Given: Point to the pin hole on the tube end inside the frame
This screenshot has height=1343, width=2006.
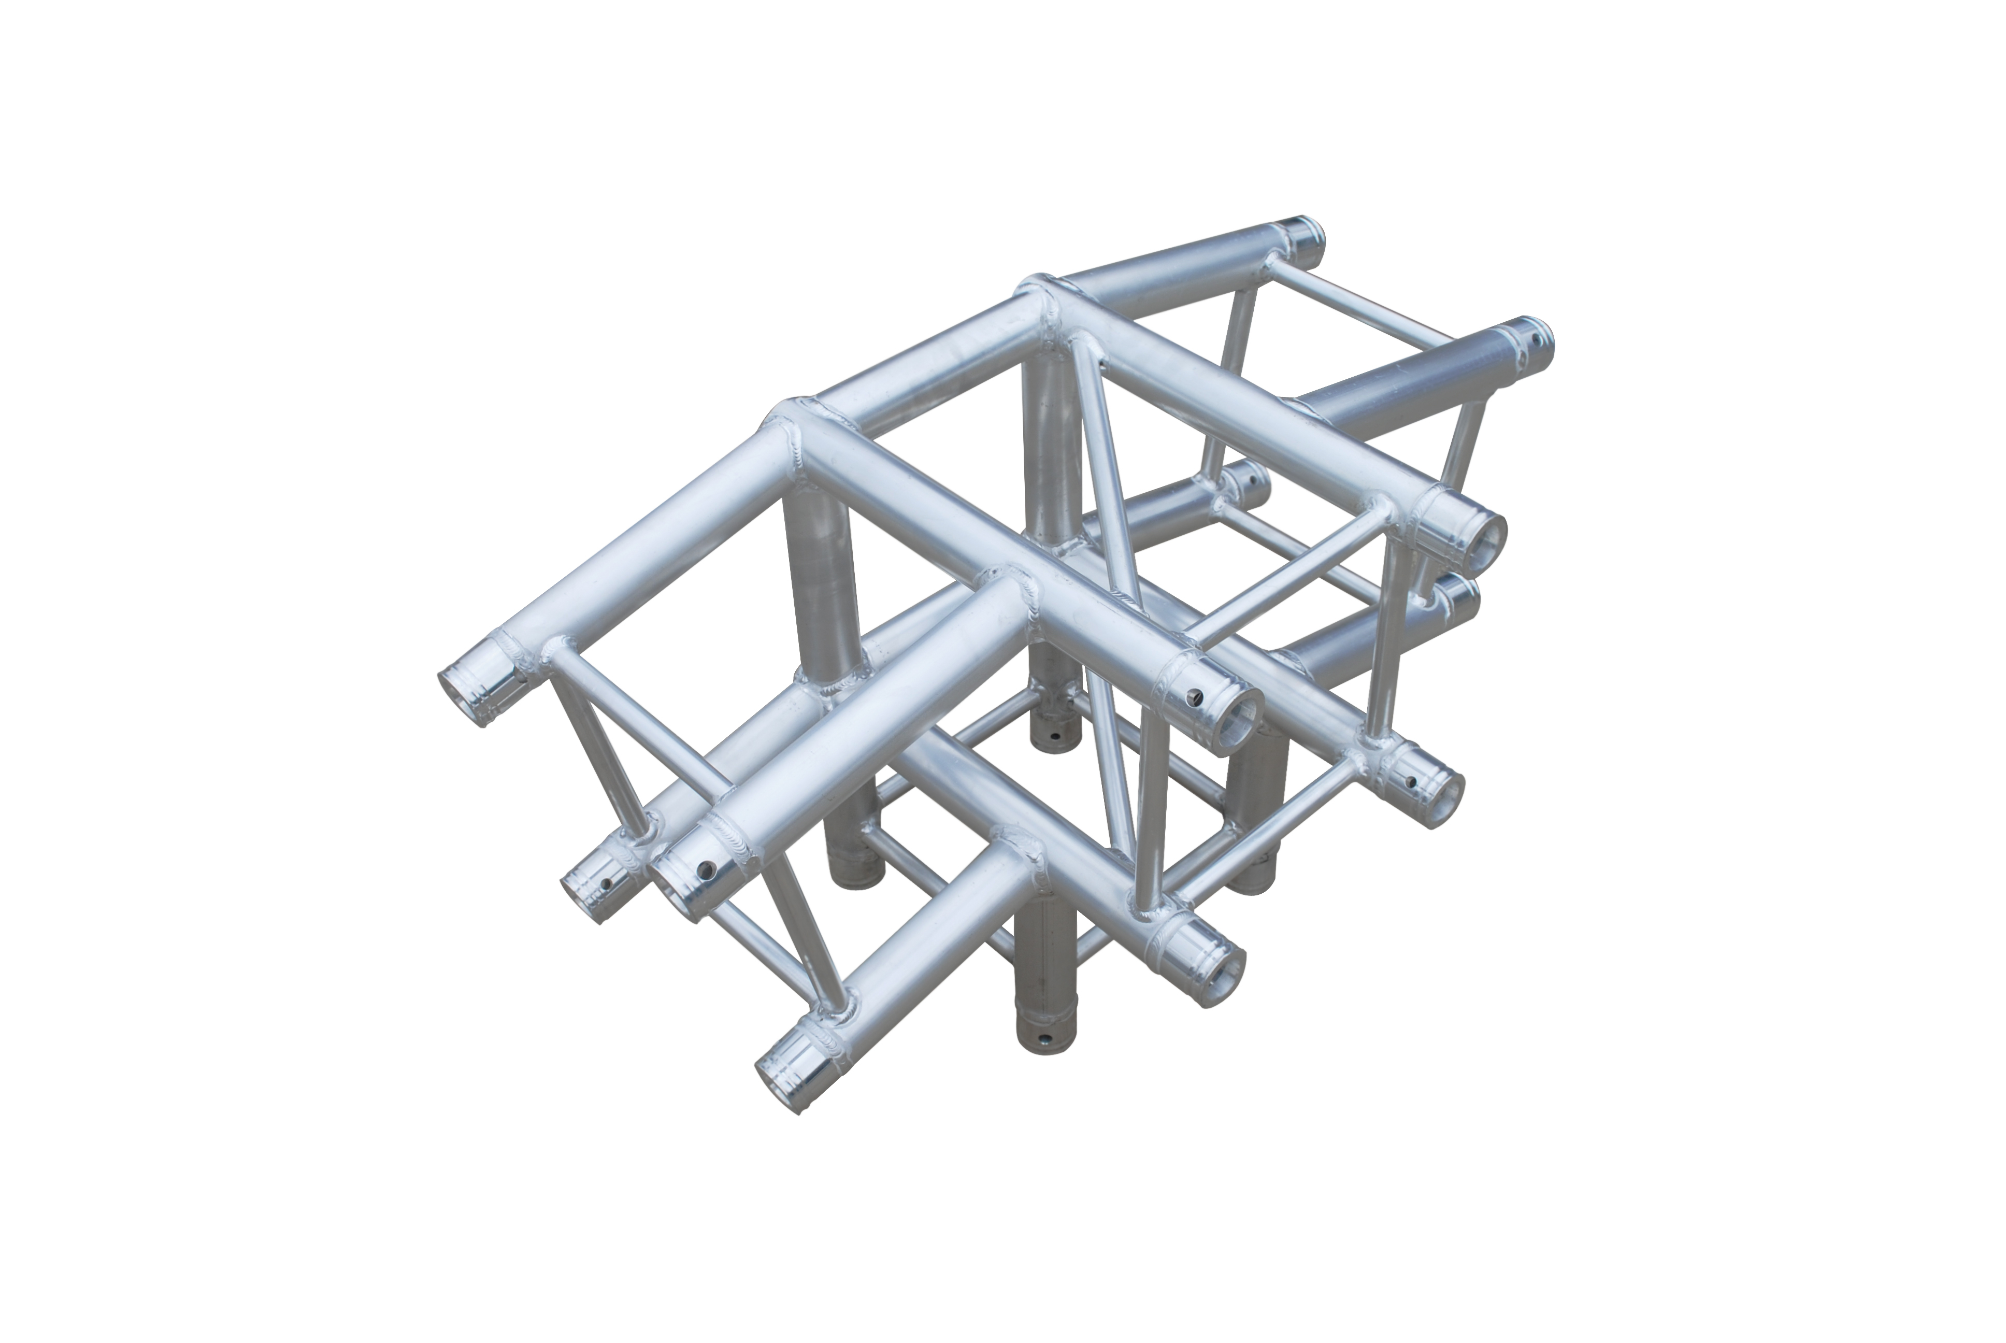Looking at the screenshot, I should [1253, 483].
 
